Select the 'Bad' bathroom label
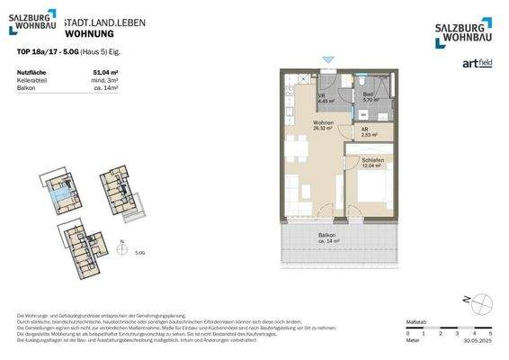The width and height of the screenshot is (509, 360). (368, 94)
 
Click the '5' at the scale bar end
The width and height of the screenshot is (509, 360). (490, 334)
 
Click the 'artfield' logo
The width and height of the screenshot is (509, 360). (475, 62)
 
